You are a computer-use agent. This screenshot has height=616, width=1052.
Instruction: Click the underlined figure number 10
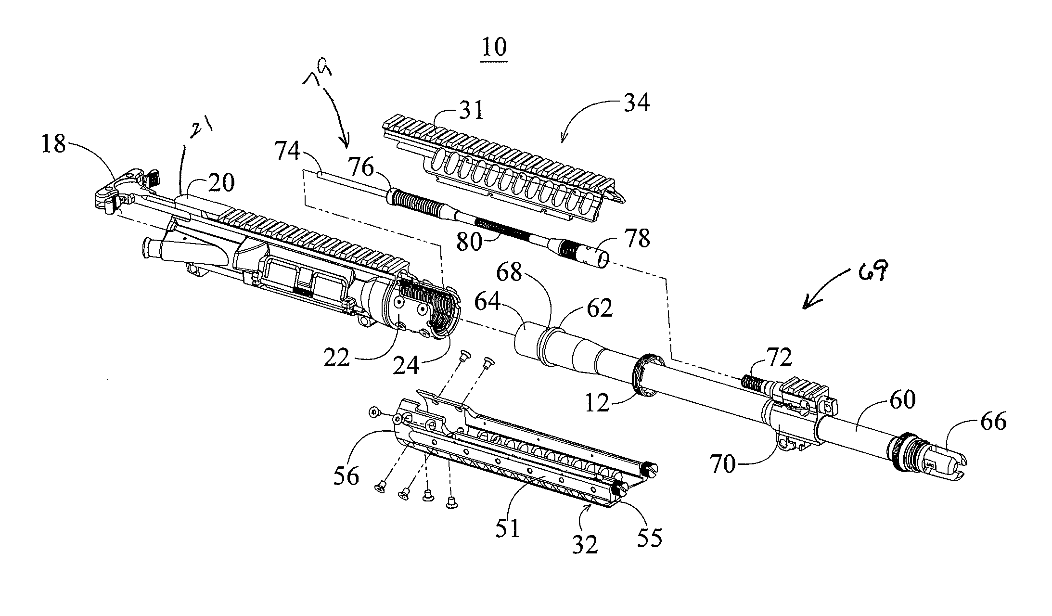coord(494,48)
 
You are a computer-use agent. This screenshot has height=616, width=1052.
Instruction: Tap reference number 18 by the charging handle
coord(53,144)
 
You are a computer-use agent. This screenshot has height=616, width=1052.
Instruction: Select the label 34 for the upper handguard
coord(637,103)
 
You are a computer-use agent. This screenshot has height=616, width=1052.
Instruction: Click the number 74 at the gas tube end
coord(288,153)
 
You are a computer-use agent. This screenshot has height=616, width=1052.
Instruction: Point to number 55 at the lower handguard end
coord(649,538)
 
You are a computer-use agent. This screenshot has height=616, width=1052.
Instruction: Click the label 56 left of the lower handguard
coord(346,476)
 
